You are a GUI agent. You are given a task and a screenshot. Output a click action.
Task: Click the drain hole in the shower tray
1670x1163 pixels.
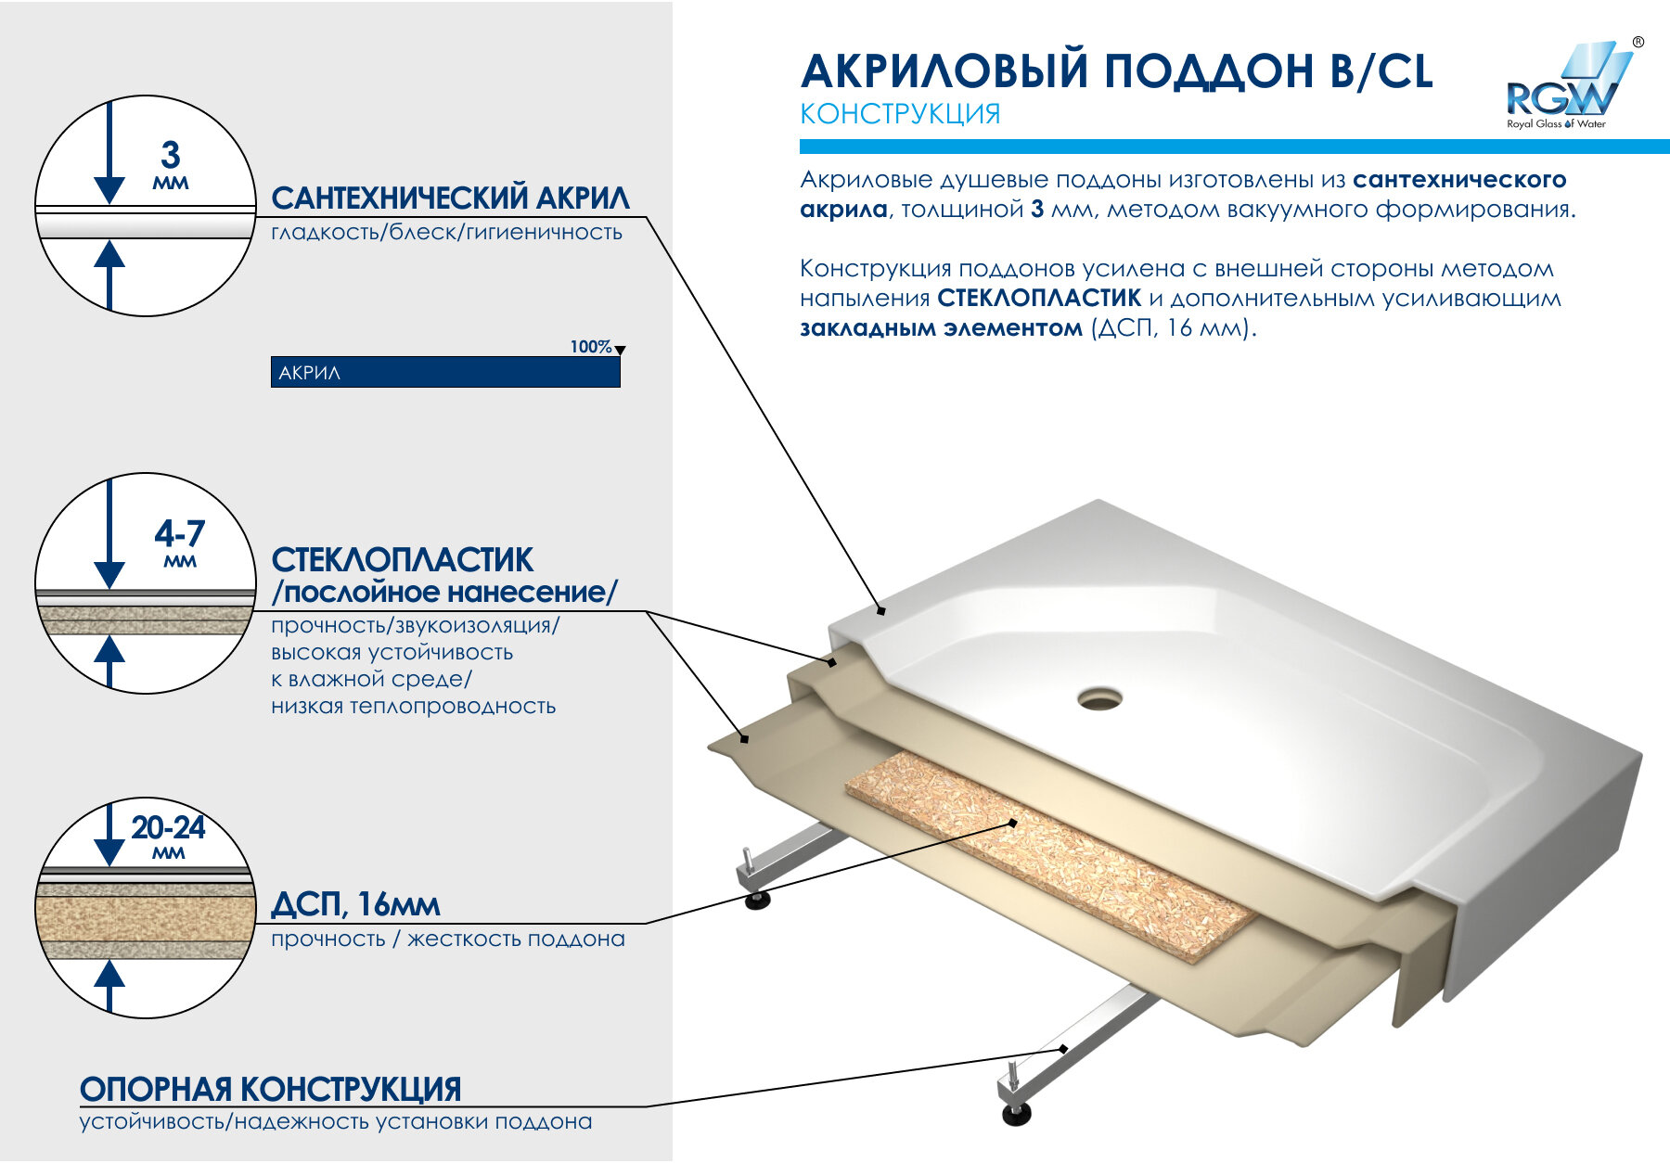click(x=1100, y=697)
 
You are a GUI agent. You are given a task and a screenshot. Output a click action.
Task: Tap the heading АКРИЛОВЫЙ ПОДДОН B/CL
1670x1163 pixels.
click(x=1117, y=71)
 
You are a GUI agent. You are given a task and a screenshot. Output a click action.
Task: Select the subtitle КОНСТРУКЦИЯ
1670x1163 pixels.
click(x=900, y=114)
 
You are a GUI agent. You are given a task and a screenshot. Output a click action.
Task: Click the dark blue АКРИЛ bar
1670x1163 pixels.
click(x=445, y=372)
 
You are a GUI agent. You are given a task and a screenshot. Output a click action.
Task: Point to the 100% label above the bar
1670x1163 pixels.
click(x=591, y=347)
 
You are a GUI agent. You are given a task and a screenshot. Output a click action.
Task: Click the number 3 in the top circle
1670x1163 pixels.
click(x=170, y=154)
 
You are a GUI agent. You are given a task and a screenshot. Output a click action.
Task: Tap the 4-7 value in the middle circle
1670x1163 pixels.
click(x=179, y=533)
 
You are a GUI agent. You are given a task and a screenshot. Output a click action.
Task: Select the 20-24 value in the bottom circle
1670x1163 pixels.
click(x=168, y=826)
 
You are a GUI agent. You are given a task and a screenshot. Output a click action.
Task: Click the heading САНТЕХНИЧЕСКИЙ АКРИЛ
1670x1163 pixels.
click(x=450, y=198)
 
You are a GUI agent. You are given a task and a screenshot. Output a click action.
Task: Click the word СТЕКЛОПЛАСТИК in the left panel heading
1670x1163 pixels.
click(x=402, y=560)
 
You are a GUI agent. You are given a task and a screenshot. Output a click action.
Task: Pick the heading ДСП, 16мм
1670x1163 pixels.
click(x=355, y=905)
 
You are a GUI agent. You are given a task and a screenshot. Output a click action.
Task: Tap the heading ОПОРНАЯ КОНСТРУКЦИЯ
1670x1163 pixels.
click(x=270, y=1089)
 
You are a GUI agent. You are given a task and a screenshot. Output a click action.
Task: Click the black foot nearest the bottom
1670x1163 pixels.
click(x=1018, y=1113)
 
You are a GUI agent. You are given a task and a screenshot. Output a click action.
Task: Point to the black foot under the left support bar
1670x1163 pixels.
click(x=758, y=900)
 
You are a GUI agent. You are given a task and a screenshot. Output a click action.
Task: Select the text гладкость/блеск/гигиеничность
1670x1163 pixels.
click(x=446, y=232)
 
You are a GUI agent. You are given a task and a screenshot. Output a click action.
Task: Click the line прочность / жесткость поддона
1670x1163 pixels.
click(x=448, y=939)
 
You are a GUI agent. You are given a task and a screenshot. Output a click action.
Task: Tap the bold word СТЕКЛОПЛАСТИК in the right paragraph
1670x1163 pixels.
click(x=1039, y=299)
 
